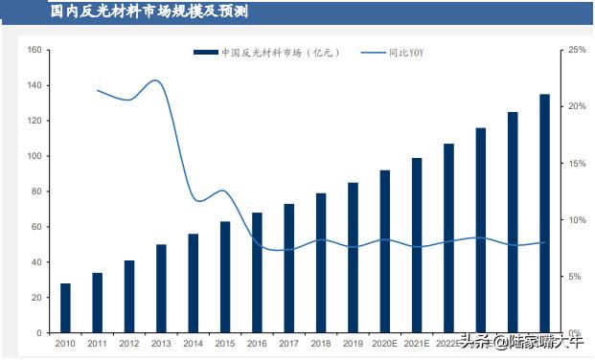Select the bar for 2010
coord(65,308)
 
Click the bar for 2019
coord(354,258)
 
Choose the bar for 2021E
coord(417,245)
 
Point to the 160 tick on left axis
coord(34,50)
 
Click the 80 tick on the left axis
coord(35,191)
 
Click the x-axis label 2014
coord(193,343)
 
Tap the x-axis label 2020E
coord(384,343)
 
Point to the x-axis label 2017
coord(288,343)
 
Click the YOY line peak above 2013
coord(156,80)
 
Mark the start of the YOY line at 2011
coord(98,90)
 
